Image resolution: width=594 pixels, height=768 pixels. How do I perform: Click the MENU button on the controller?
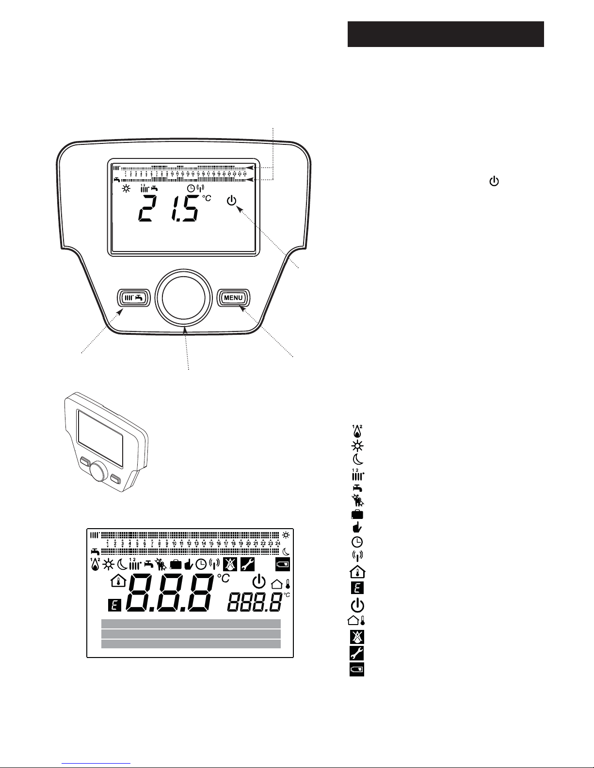pyautogui.click(x=233, y=298)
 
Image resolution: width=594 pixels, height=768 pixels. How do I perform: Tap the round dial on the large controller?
pyautogui.click(x=184, y=297)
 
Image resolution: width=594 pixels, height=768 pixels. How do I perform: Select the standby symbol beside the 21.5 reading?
pyautogui.click(x=233, y=200)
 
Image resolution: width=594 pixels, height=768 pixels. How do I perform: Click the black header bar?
pyautogui.click(x=445, y=34)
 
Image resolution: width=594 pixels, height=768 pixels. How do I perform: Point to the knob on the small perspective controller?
pyautogui.click(x=99, y=471)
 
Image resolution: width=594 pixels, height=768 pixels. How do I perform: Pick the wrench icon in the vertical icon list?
pyautogui.click(x=357, y=653)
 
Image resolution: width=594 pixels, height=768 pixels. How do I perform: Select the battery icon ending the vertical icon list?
pyautogui.click(x=357, y=670)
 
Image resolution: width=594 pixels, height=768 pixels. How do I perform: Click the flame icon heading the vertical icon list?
pyautogui.click(x=357, y=431)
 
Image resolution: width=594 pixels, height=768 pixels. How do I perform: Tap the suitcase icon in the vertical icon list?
pyautogui.click(x=357, y=514)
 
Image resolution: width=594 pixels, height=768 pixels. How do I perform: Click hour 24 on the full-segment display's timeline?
pyautogui.click(x=278, y=543)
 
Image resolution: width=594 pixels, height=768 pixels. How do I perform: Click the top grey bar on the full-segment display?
pyautogui.click(x=191, y=623)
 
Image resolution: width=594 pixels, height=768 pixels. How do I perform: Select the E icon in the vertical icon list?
pyautogui.click(x=357, y=588)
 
